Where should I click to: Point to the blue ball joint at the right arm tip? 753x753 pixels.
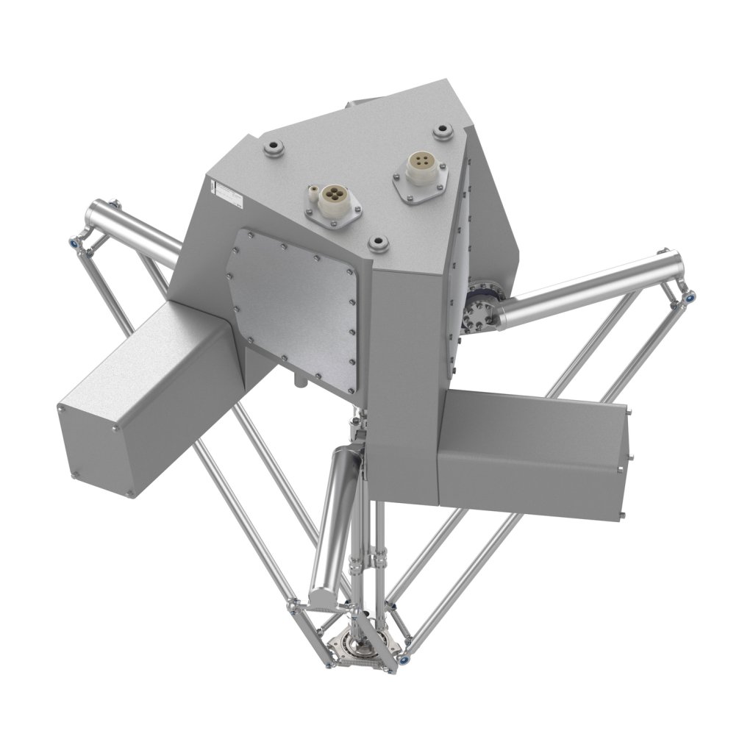[690, 297]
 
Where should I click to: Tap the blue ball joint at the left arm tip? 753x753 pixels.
[73, 241]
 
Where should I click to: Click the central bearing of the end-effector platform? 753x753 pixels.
[365, 645]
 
